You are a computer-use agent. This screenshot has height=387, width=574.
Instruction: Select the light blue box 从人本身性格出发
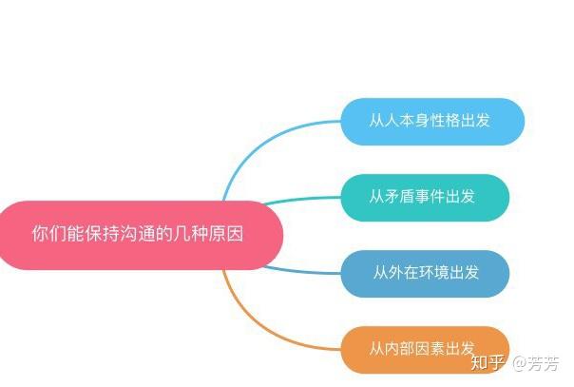(432, 122)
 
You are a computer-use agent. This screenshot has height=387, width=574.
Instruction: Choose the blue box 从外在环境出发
(425, 274)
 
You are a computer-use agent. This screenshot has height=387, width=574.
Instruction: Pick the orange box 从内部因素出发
(425, 349)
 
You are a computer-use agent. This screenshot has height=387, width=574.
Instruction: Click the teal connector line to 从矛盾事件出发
(304, 200)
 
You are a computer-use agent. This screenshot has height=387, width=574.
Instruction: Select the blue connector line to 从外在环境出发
(304, 272)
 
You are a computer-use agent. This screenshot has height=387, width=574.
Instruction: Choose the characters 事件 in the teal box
(441, 198)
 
